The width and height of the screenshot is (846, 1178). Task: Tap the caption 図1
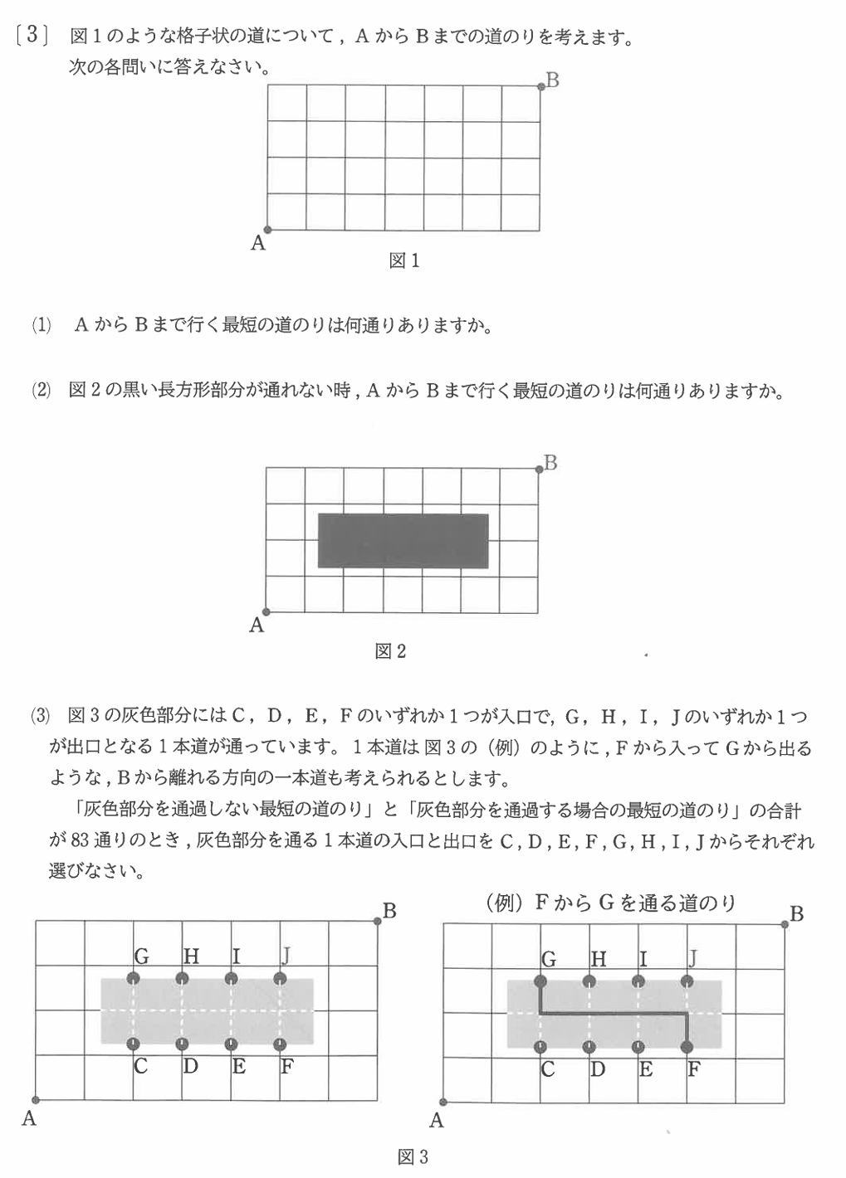[404, 261]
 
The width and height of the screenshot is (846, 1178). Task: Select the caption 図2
[390, 652]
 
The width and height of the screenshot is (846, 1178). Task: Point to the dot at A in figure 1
[267, 230]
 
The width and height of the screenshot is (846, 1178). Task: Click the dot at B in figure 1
[541, 85]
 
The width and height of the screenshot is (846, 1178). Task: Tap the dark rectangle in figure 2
[403, 541]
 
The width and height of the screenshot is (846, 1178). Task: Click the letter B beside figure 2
[550, 463]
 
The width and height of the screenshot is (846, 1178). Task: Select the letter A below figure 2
[257, 625]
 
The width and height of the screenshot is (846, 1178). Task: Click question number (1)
[41, 326]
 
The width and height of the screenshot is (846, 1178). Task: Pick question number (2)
[41, 391]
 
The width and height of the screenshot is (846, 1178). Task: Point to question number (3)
[41, 716]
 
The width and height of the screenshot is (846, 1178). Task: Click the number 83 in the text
[80, 840]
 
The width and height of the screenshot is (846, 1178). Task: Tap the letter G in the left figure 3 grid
[141, 957]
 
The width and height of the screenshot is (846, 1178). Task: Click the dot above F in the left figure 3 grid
[280, 1043]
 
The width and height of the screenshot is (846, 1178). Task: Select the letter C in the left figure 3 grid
[140, 1066]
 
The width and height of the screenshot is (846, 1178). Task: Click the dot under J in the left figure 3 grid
[281, 977]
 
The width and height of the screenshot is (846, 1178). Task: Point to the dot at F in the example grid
[687, 1047]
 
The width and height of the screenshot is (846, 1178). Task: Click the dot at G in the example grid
[540, 981]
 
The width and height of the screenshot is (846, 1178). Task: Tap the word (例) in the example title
[506, 903]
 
